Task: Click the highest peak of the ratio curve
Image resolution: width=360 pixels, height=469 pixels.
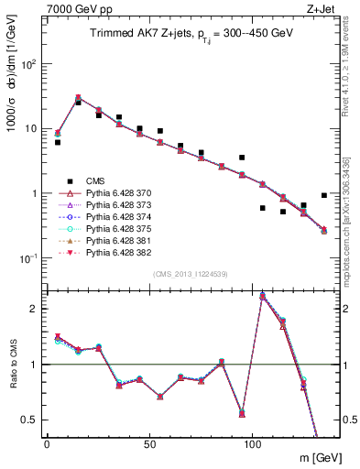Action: [263, 296]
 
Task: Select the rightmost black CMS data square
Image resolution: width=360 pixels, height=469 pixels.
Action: [324, 195]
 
